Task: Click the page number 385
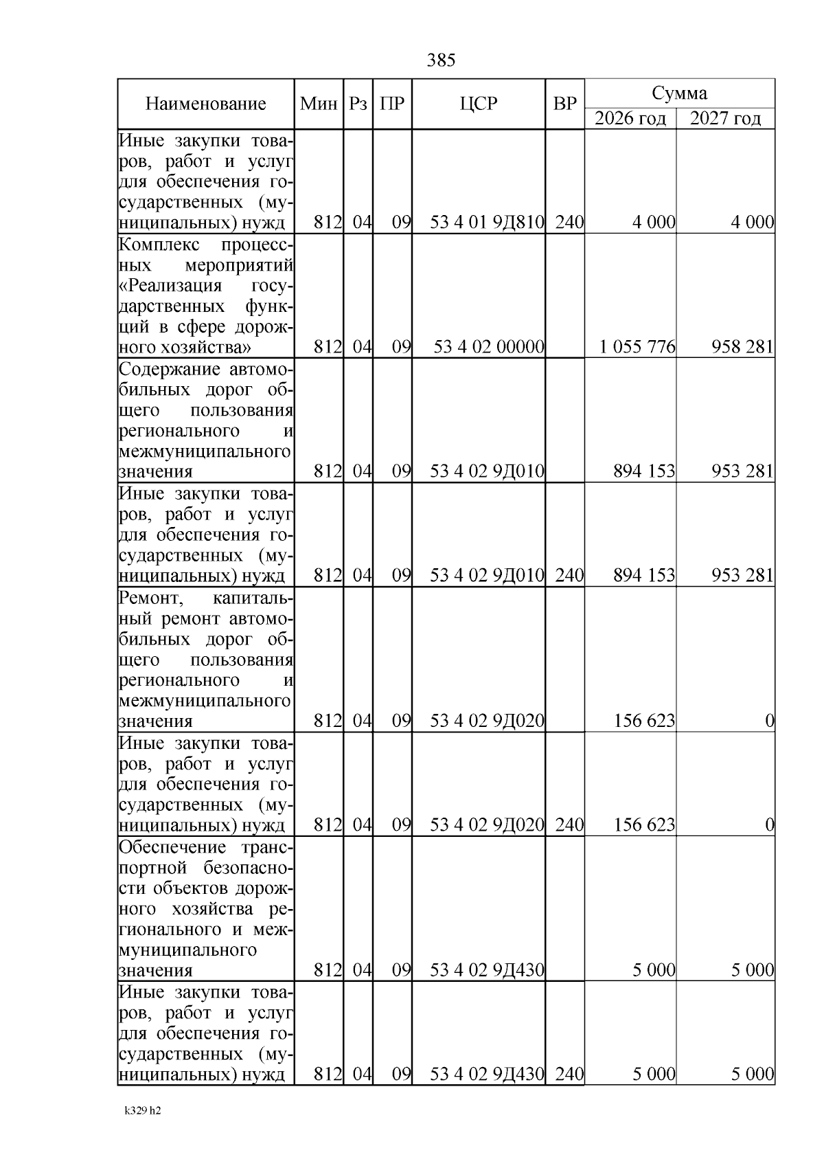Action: pyautogui.click(x=441, y=60)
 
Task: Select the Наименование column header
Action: pyautogui.click(x=205, y=104)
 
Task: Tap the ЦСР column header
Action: pyautogui.click(x=479, y=104)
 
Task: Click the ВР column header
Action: pyautogui.click(x=564, y=104)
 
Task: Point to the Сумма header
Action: pyautogui.click(x=679, y=93)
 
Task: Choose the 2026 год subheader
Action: pyautogui.click(x=630, y=118)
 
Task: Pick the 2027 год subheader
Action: pyautogui.click(x=725, y=118)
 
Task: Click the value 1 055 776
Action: pyautogui.click(x=637, y=347)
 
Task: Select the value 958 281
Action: pyautogui.click(x=742, y=347)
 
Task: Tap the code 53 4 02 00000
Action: pyautogui.click(x=488, y=347)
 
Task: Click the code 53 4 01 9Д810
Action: pyautogui.click(x=487, y=223)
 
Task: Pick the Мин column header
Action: pyautogui.click(x=319, y=104)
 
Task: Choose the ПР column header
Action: pyautogui.click(x=392, y=104)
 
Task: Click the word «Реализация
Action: pyautogui.click(x=170, y=286)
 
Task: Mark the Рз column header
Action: pyautogui.click(x=358, y=104)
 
